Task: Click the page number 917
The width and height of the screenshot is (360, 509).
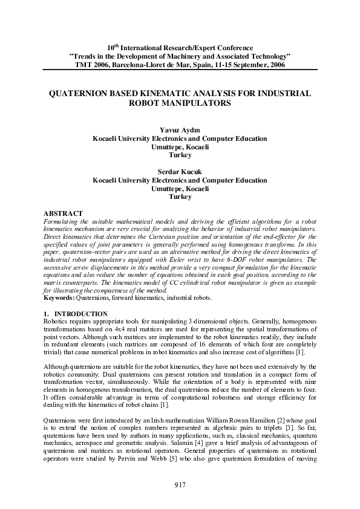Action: (x=180, y=485)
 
